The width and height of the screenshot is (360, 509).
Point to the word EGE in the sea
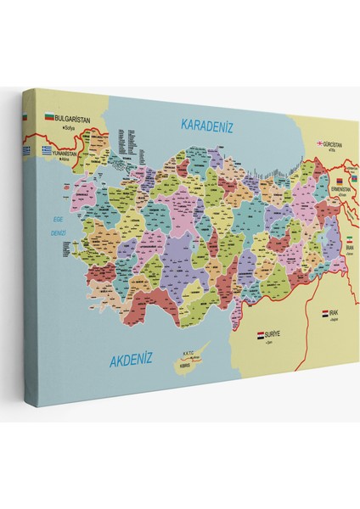pos(59,216)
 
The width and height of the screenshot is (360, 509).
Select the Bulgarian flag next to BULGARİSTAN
pos(49,118)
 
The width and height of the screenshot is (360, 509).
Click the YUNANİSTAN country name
pos(71,154)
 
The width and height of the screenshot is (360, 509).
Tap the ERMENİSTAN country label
pos(341,189)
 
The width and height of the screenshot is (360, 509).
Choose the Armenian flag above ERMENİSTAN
pos(339,181)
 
